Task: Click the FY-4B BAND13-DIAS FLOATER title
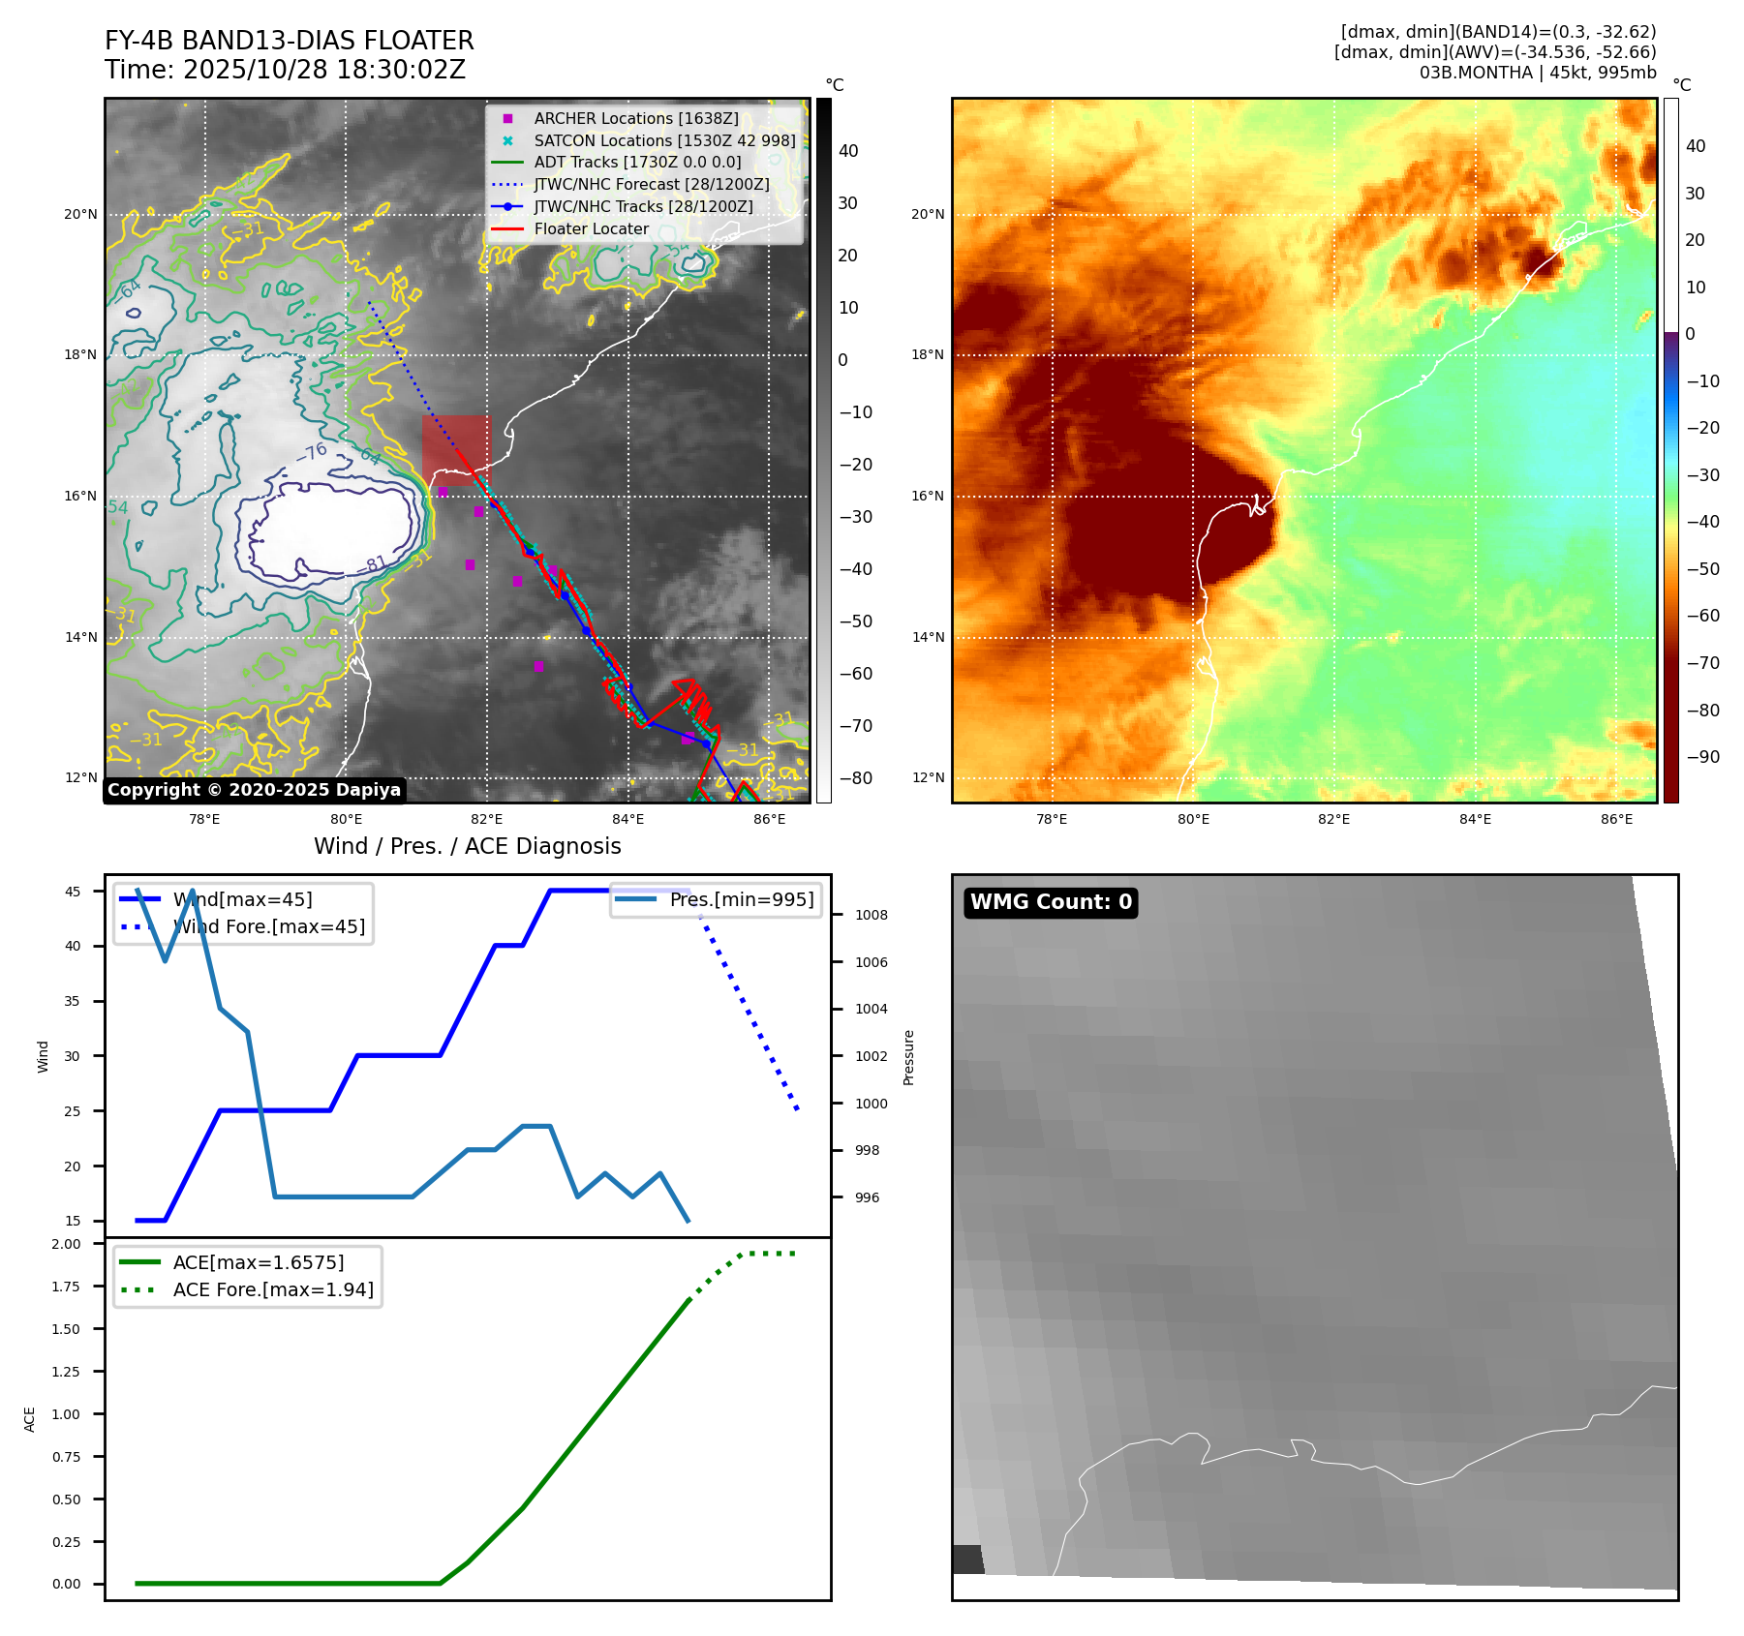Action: click(289, 41)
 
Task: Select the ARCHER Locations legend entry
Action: click(635, 118)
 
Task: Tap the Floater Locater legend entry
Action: click(591, 229)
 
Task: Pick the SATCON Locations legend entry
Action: click(664, 140)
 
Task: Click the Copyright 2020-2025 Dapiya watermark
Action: click(254, 790)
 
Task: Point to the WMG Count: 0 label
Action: click(1051, 902)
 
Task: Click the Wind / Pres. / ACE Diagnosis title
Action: click(467, 846)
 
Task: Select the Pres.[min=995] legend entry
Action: click(741, 899)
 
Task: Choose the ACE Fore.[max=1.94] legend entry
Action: click(272, 1289)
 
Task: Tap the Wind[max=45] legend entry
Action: click(242, 899)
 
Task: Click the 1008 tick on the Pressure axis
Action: click(871, 915)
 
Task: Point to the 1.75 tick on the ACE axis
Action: click(66, 1287)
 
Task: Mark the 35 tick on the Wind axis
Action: click(73, 1001)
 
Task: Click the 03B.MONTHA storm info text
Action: click(1537, 73)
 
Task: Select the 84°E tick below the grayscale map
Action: click(627, 819)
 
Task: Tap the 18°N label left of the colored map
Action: click(927, 354)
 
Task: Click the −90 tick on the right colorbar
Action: click(1702, 757)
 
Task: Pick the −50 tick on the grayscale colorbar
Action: click(855, 621)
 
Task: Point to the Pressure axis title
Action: click(908, 1057)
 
